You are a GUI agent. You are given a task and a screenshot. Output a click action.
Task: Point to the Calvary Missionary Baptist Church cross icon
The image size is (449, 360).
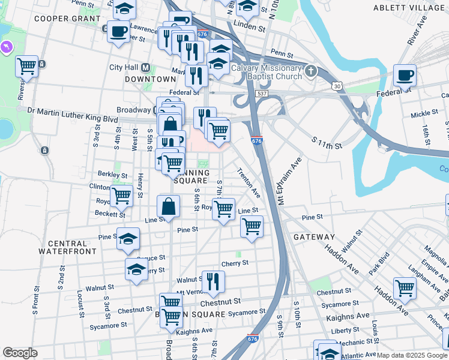tap(310, 71)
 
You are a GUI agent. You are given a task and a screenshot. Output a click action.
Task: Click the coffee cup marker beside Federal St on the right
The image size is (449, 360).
tap(405, 76)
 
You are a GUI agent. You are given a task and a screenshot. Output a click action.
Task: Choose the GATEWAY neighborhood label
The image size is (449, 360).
tap(314, 237)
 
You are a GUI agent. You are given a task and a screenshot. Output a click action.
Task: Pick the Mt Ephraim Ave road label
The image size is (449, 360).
tap(288, 181)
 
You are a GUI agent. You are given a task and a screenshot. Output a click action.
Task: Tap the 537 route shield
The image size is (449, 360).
tap(261, 94)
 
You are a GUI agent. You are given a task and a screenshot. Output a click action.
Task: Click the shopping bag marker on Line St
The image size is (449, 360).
tap(169, 206)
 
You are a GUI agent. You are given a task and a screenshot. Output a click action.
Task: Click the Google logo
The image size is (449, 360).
tap(20, 353)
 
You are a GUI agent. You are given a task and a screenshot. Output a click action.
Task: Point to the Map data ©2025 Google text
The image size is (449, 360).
tap(411, 355)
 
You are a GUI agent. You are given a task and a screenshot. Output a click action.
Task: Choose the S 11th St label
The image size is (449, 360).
tap(327, 142)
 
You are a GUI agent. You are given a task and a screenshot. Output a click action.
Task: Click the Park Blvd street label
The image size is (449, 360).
tap(379, 263)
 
